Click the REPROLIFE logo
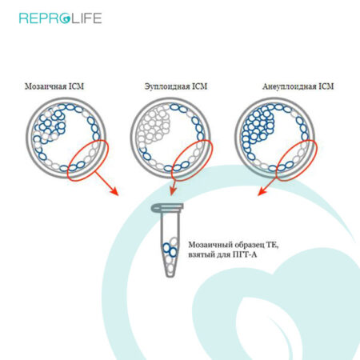(x=61, y=18)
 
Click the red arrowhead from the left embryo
(x=114, y=191)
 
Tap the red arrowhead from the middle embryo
(x=173, y=191)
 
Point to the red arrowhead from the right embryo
(x=262, y=192)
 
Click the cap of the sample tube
(x=167, y=207)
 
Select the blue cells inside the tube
(x=170, y=250)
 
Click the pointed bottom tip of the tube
(x=170, y=275)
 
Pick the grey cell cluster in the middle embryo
(x=154, y=126)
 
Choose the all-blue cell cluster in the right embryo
(x=258, y=126)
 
